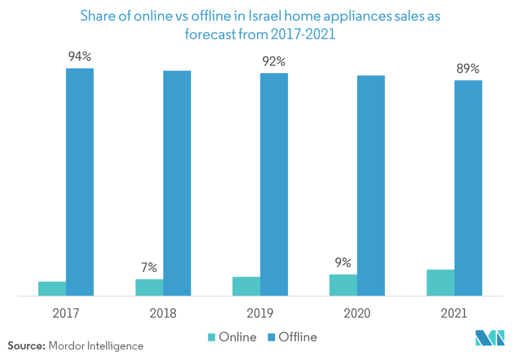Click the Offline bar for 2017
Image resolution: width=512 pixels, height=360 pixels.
coord(80,182)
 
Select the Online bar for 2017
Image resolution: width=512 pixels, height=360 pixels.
coord(52,289)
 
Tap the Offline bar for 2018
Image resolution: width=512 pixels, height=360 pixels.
coord(177,183)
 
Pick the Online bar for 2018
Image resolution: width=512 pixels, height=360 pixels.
coord(149,288)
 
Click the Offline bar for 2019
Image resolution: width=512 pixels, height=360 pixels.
coord(274,184)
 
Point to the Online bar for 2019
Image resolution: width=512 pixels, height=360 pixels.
coord(246,286)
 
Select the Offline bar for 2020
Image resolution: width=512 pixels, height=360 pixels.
coord(371,185)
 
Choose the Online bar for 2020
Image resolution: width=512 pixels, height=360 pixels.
coord(343,285)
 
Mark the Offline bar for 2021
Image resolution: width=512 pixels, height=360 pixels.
coord(468,188)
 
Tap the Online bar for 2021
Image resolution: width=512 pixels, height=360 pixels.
coord(440,283)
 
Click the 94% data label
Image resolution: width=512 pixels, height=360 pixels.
coord(80,57)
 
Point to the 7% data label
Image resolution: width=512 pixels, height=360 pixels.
coord(149,267)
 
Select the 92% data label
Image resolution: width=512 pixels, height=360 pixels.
coord(274,62)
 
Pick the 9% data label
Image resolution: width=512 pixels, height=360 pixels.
coord(343,263)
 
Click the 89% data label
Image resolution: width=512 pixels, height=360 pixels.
coord(468,69)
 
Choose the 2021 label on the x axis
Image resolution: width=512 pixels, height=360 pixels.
coord(454,313)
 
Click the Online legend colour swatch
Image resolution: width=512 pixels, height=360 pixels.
coord(212,337)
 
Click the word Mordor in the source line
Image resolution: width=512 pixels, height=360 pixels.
coord(65,346)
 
